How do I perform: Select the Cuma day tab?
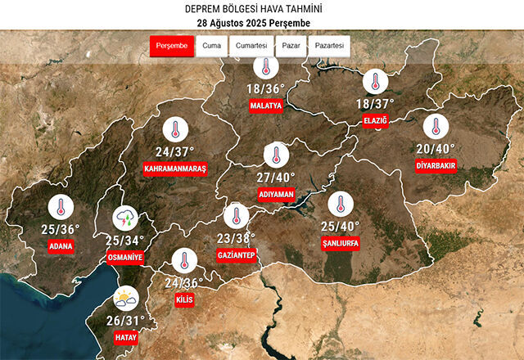[210, 46]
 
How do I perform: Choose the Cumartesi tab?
[251, 46]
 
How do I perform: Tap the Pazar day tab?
[290, 46]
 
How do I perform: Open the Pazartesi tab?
[329, 46]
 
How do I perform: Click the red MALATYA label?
[267, 106]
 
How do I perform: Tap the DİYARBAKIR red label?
[435, 164]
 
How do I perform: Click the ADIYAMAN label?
[276, 195]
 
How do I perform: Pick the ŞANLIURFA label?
[341, 244]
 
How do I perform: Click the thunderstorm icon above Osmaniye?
[125, 219]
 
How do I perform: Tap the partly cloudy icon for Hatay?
[125, 299]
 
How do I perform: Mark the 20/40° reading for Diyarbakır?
[435, 148]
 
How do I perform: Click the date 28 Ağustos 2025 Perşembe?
[261, 21]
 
